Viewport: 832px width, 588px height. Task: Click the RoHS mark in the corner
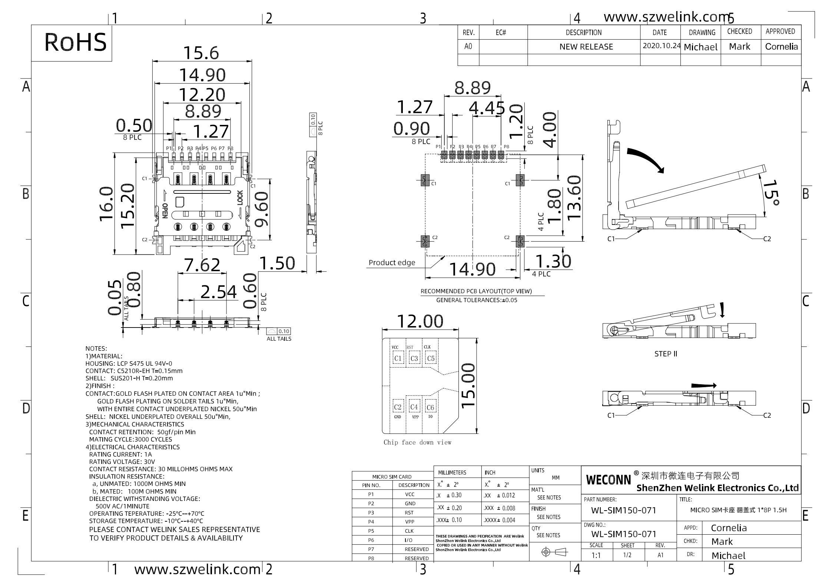75,42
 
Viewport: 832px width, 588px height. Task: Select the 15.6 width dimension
202,53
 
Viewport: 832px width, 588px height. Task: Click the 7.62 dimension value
202,265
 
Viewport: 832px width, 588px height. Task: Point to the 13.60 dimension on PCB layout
574,197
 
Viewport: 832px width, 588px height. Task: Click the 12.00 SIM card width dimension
420,321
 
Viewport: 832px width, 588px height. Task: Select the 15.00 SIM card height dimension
468,385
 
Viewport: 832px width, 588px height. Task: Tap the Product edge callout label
392,263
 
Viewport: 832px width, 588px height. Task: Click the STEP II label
666,354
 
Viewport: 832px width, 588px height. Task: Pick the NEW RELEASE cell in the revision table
586,47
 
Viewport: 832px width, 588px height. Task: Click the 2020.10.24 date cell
662,46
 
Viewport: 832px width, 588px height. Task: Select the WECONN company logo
608,480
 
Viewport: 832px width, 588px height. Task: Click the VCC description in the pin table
410,494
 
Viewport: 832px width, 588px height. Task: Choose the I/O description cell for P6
409,540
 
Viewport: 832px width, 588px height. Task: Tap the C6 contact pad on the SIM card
430,407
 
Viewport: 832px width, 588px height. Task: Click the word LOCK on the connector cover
240,198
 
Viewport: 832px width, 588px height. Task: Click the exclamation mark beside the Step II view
722,310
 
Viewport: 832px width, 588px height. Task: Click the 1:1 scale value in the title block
596,555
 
